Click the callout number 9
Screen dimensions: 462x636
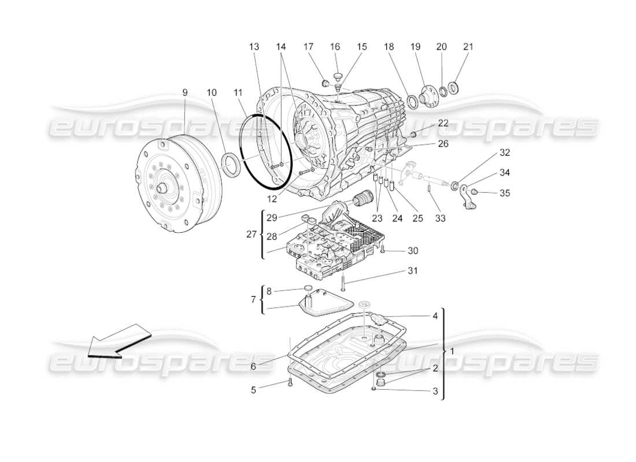[x=184, y=92]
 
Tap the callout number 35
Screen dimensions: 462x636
[x=505, y=193]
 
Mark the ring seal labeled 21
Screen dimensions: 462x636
[x=454, y=88]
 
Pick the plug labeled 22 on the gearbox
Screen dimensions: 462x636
[x=413, y=135]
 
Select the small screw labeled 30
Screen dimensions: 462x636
[x=383, y=249]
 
